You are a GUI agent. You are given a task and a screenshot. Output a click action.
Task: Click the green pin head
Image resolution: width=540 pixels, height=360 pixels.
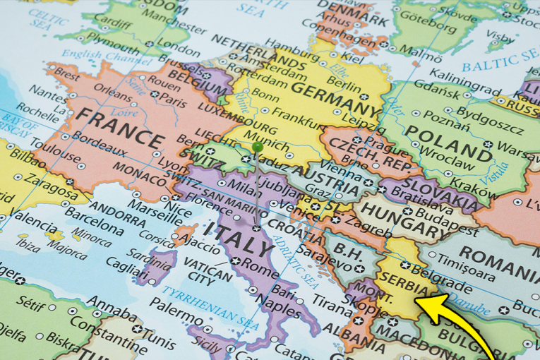(x=258, y=147)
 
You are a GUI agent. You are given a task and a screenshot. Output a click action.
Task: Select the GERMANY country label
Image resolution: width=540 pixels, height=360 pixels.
(x=332, y=98)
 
